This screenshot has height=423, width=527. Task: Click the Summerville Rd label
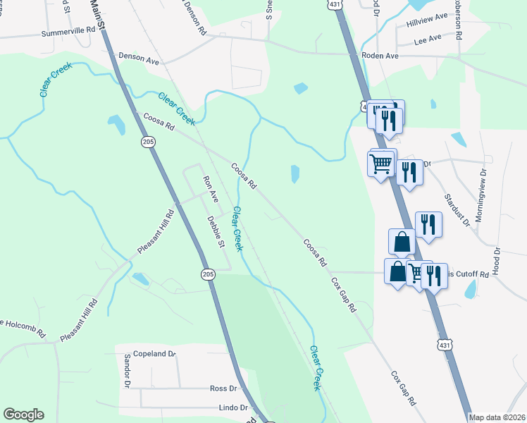(x=68, y=32)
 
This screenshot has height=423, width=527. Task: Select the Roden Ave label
(x=380, y=54)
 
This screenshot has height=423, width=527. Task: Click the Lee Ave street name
(x=428, y=37)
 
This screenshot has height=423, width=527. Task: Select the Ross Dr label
(x=223, y=388)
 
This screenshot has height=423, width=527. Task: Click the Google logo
(x=23, y=415)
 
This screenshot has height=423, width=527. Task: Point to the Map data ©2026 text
(x=497, y=417)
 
